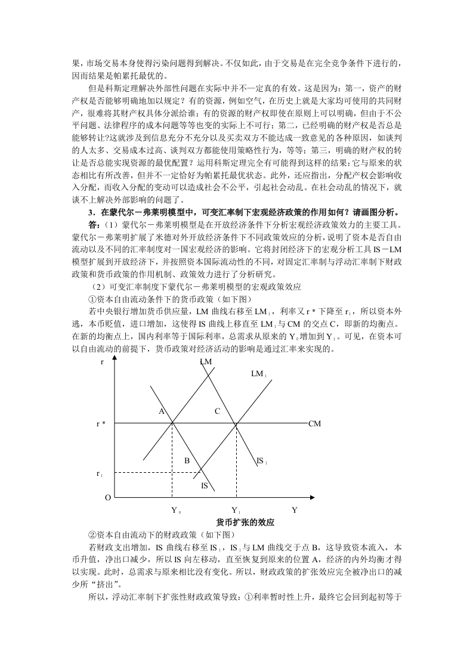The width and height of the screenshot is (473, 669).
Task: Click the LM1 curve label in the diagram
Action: pos(258,374)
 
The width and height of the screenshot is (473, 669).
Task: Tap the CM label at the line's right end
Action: pos(314,423)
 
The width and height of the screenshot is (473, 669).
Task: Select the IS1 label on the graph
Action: pos(261,460)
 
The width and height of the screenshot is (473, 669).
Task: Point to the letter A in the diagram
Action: pos(160,411)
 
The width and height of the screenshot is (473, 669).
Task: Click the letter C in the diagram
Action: pos(217,411)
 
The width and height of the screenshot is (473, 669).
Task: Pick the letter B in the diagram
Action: pos(187,460)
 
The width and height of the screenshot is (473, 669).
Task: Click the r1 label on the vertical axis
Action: pos(100,473)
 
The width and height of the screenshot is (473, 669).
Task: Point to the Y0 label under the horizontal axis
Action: pos(176,510)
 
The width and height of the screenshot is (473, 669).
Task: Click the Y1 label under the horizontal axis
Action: pos(236,510)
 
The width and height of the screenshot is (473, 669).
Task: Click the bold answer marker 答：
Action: pos(94,224)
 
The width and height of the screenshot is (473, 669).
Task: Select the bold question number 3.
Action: pos(90,212)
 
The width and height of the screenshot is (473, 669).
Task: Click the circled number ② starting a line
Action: pos(92,535)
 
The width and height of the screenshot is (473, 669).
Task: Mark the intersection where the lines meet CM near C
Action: pos(236,423)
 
